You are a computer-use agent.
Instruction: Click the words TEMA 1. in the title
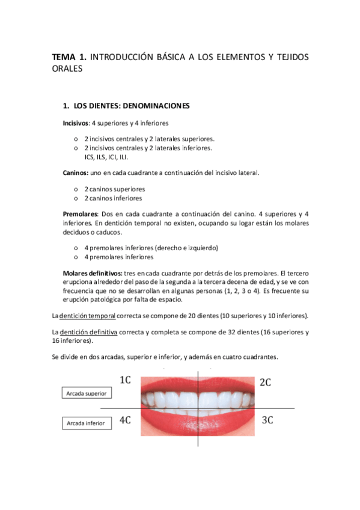tap(70, 57)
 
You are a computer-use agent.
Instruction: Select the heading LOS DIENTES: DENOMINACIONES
tap(131, 106)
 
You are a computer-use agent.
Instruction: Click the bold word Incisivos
tap(75, 123)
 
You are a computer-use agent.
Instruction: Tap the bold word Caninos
tap(75, 173)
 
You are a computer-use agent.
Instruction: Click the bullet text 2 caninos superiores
tap(114, 189)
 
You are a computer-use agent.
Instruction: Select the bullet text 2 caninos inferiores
tap(113, 198)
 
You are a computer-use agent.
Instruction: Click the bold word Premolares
tap(80, 214)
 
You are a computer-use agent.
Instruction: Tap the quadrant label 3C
tap(268, 420)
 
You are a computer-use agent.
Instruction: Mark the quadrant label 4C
tap(125, 420)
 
